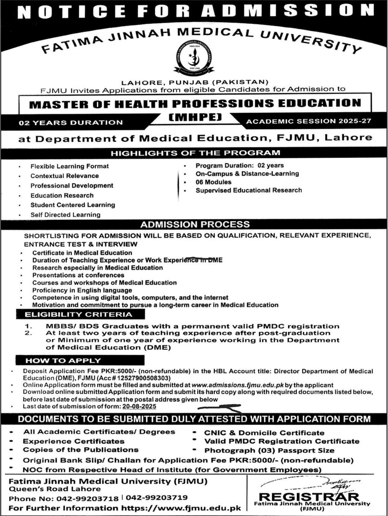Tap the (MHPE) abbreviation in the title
point(194,117)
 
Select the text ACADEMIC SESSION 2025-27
point(308,121)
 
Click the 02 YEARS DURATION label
point(71,123)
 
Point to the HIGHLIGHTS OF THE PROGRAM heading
point(195,153)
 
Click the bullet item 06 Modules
point(213,182)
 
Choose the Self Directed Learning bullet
point(65,215)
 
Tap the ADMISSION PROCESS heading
point(195,224)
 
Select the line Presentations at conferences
point(78,275)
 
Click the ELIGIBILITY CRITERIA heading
point(78,315)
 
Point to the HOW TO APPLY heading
point(63,360)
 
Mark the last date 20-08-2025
point(139,406)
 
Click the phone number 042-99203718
point(87,498)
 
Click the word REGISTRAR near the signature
point(309,497)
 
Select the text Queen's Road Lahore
point(54,489)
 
